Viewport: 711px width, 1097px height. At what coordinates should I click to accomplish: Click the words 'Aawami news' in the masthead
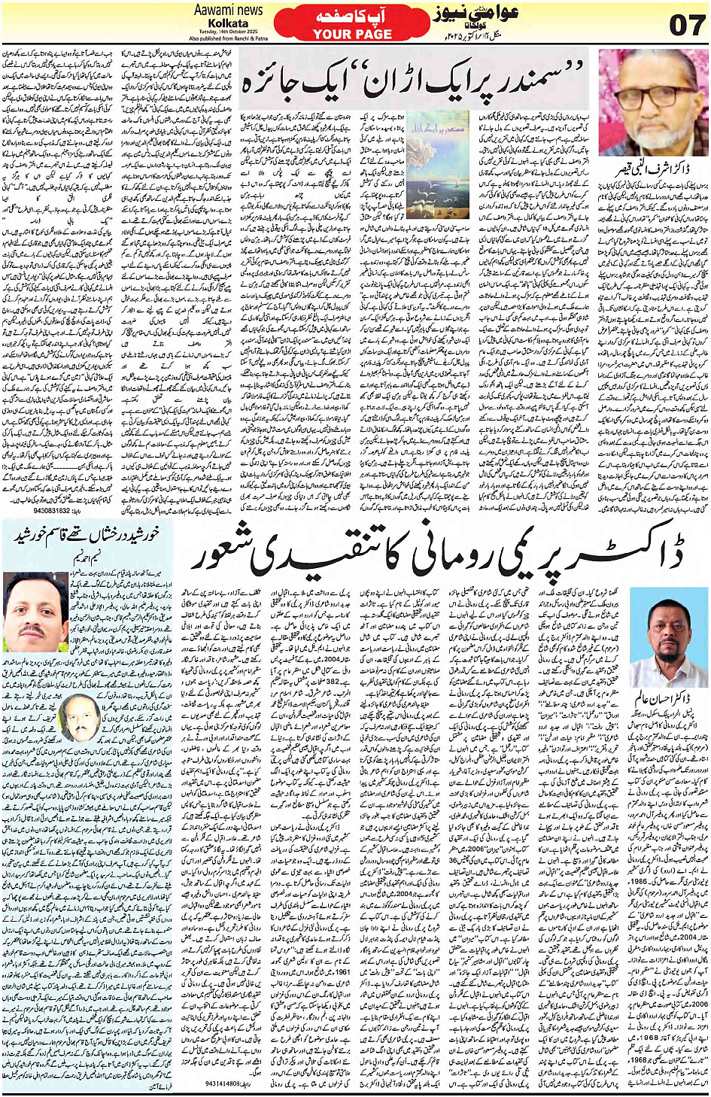[228, 10]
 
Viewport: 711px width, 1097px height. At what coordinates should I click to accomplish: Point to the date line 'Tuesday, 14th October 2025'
[228, 32]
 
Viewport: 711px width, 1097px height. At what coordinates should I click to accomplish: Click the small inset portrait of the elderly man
[76, 719]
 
